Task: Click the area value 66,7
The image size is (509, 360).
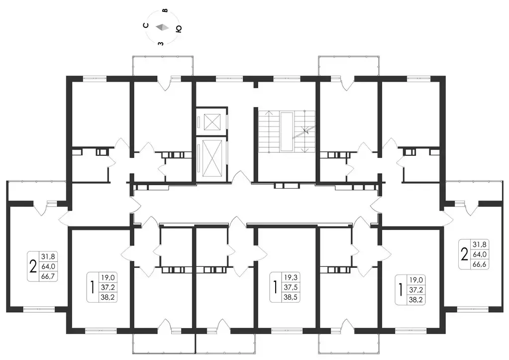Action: [48, 276]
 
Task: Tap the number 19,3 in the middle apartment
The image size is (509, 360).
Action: [291, 277]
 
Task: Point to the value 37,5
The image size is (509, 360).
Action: [291, 287]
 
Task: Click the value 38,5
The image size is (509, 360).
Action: [291, 297]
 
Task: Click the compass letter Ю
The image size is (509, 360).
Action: [178, 29]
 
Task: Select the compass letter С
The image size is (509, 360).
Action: [146, 25]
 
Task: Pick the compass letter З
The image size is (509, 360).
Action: [160, 43]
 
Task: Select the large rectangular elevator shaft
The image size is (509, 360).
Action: [212, 158]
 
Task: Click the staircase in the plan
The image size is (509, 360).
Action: [286, 131]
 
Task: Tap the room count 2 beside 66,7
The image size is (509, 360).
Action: [33, 267]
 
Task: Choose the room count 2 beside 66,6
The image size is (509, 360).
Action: [465, 254]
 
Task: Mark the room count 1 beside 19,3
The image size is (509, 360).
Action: [276, 287]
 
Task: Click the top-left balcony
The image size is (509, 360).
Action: [163, 66]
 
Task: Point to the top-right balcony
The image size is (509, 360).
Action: [349, 66]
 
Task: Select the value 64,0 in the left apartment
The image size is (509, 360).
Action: [48, 267]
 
